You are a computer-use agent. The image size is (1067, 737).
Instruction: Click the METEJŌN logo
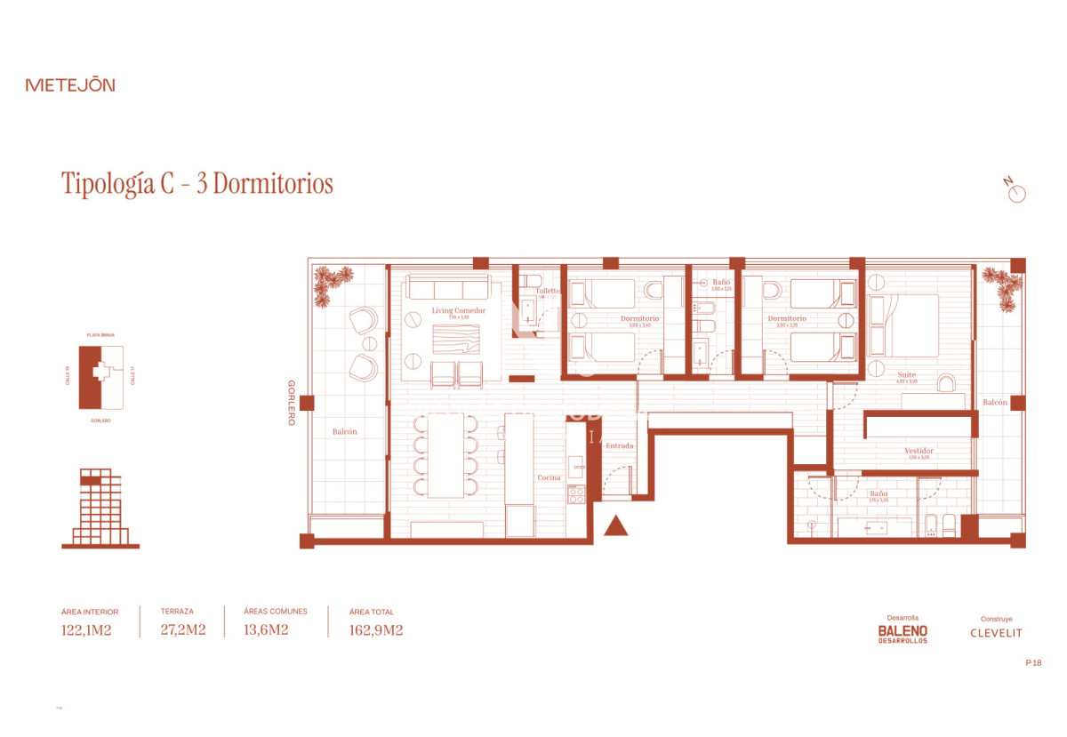coord(70,85)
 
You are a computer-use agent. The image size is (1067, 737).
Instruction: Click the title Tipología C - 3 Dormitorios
coord(197,184)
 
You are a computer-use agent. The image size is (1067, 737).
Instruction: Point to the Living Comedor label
coord(458,310)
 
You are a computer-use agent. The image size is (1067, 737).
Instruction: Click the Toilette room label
coord(548,291)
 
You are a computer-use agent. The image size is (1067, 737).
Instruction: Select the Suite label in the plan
coord(906,375)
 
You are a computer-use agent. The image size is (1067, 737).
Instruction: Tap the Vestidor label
coord(919,451)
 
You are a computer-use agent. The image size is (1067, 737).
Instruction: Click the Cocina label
coord(549,477)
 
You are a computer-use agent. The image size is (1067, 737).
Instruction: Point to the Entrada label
coord(619,445)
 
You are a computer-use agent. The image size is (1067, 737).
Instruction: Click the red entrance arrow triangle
coord(615,527)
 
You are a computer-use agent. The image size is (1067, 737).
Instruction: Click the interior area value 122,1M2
coord(86,630)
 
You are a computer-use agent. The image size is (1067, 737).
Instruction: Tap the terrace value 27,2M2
coord(183,630)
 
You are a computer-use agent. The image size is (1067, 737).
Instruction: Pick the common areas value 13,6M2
coord(266,630)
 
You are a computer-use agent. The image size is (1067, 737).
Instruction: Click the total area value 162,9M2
coord(376,630)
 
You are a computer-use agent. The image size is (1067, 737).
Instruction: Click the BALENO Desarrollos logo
coord(903,632)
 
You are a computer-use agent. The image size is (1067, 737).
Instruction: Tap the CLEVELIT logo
coord(996,633)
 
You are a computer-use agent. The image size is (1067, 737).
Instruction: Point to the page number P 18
coord(1032,662)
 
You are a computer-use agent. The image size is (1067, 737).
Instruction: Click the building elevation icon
coord(100,508)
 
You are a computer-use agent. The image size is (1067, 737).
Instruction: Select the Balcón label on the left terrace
coord(345,431)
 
